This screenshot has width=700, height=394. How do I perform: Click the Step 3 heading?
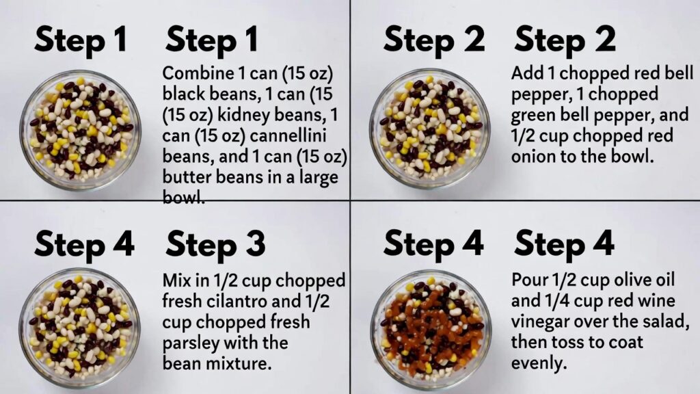coord(215,244)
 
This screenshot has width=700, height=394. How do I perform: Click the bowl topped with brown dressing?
coord(431,330)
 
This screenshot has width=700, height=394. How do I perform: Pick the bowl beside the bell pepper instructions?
coord(431,129)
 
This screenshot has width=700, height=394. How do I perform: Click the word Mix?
coord(177,280)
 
